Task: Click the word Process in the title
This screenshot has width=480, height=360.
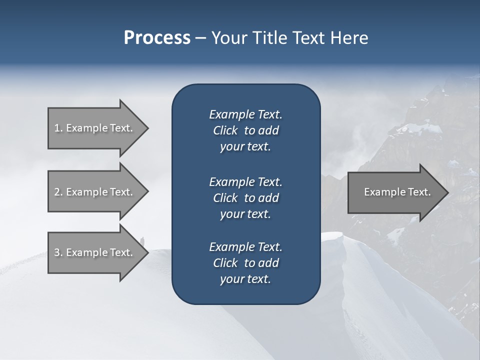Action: click(157, 38)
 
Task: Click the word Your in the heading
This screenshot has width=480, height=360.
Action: click(229, 38)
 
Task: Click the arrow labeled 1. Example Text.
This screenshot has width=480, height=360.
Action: click(95, 128)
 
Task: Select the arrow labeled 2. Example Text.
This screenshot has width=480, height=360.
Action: click(95, 192)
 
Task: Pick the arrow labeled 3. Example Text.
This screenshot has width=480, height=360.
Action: click(95, 252)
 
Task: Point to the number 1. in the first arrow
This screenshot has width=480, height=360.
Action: click(58, 128)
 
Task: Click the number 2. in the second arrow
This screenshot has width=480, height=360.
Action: click(58, 192)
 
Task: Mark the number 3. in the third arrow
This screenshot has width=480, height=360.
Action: click(58, 252)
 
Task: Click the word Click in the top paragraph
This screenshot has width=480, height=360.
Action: click(225, 130)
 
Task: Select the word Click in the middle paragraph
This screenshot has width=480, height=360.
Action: click(225, 198)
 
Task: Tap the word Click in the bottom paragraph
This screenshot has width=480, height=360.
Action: click(225, 263)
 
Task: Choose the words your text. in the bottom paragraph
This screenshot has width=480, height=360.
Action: click(245, 279)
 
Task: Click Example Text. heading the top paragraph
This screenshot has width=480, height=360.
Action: click(245, 114)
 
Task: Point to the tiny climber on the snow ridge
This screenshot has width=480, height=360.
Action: click(142, 241)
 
